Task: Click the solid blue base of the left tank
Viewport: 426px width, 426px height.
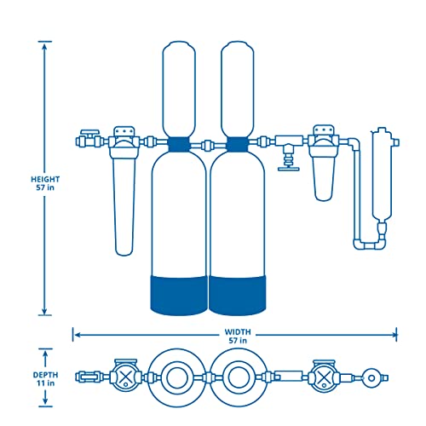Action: point(178,291)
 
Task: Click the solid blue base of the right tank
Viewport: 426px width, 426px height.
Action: point(233,291)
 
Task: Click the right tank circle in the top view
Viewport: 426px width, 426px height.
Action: point(233,376)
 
